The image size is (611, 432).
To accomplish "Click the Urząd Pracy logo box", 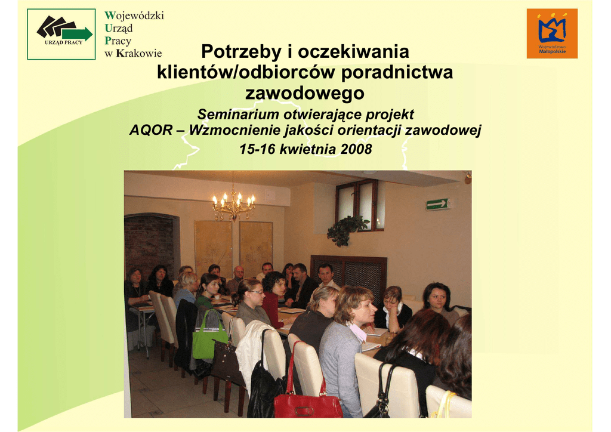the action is (x=61, y=34).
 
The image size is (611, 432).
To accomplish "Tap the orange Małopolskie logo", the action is (x=552, y=33).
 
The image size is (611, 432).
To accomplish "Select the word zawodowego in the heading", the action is (x=305, y=93).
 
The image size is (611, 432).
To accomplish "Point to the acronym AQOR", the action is (x=151, y=130).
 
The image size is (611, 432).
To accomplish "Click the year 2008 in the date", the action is (x=356, y=149).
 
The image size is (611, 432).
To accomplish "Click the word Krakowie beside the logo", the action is (x=138, y=53).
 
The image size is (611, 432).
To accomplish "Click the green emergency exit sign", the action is (x=437, y=203).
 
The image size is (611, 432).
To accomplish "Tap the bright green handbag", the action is (x=209, y=335).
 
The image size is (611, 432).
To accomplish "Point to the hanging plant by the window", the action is (x=347, y=230).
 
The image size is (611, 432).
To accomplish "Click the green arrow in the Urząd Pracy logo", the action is (x=78, y=33).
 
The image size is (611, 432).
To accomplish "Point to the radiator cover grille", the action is (x=348, y=273).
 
